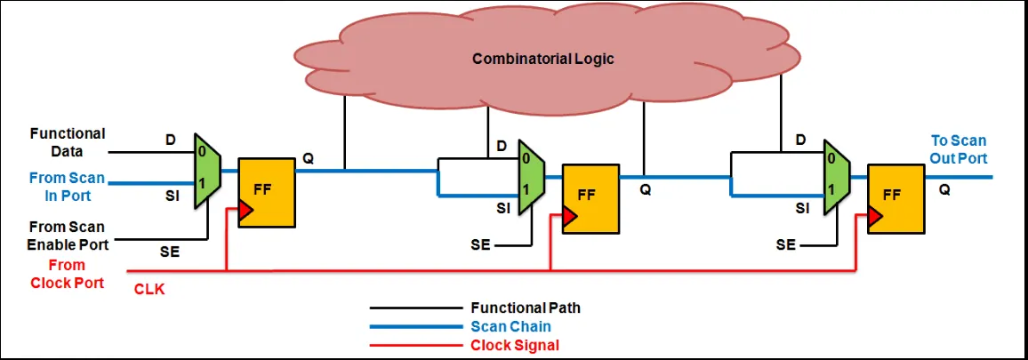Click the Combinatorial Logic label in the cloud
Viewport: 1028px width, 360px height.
click(x=542, y=59)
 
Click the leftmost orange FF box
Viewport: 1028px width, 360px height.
click(x=266, y=193)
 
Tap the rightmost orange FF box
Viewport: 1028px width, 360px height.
click(x=895, y=199)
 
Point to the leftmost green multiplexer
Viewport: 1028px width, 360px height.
click(x=207, y=172)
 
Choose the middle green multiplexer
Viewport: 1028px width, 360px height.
click(x=531, y=177)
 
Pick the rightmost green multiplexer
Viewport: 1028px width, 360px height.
click(x=837, y=177)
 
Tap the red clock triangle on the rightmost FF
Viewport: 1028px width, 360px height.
click(x=875, y=216)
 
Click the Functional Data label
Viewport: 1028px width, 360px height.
click(x=68, y=142)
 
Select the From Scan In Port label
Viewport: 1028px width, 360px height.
click(x=66, y=187)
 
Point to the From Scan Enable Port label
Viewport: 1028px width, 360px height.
click(x=67, y=236)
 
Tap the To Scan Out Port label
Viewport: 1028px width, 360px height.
click(x=960, y=149)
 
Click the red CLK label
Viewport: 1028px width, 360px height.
click(x=149, y=289)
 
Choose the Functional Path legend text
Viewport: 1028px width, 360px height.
click(x=526, y=307)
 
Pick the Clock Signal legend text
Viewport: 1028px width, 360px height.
click(x=515, y=345)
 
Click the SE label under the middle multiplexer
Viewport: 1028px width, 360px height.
click(x=480, y=245)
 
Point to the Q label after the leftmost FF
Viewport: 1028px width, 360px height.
click(x=309, y=158)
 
